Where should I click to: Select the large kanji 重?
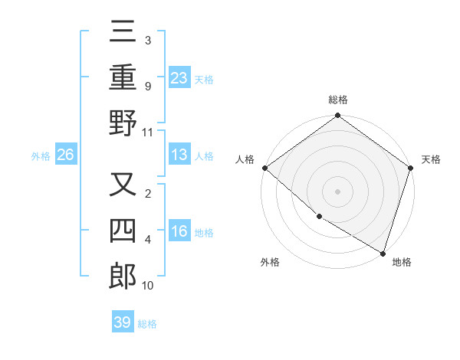click(x=123, y=77)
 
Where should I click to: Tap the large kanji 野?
click(x=123, y=123)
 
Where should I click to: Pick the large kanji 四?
click(x=123, y=231)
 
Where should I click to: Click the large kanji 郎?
click(x=123, y=276)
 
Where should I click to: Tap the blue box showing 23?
click(x=179, y=77)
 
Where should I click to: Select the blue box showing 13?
click(x=179, y=155)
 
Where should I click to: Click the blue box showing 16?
click(x=179, y=231)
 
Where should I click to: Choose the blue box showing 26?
click(x=66, y=155)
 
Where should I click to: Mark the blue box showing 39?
click(x=123, y=322)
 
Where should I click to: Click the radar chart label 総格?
click(x=338, y=100)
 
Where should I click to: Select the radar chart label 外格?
click(x=270, y=262)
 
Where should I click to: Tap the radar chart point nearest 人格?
click(x=264, y=168)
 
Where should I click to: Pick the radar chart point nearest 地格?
click(x=383, y=252)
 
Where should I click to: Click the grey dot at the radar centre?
click(x=338, y=191)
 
